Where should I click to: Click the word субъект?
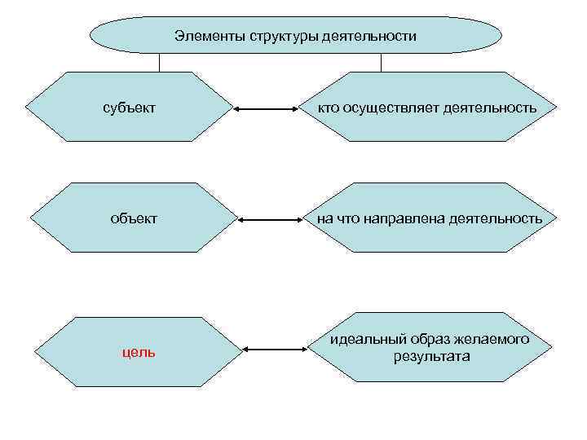[130, 108]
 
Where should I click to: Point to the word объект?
[135, 218]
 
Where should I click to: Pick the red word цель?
[139, 352]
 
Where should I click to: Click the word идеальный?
[364, 339]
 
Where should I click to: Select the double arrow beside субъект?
[266, 108]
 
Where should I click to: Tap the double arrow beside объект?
[271, 219]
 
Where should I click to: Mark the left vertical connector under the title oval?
[159, 63]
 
